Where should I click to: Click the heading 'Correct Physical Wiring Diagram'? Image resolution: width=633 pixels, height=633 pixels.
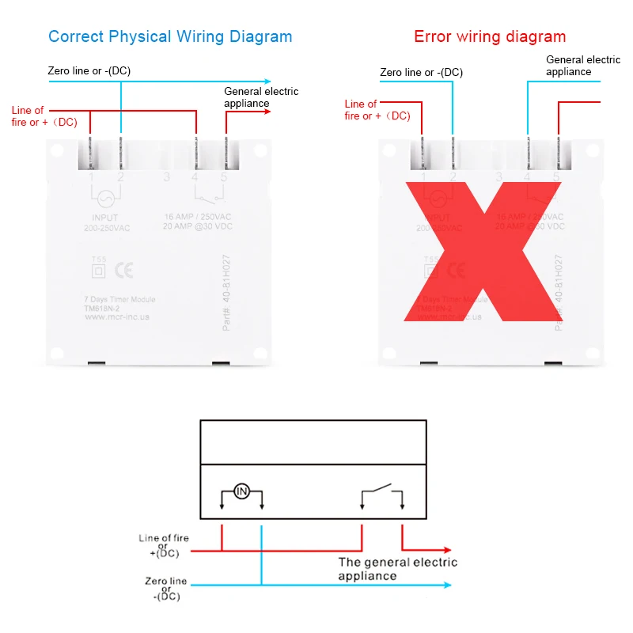coord(170,36)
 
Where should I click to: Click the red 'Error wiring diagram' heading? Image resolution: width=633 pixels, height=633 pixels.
coord(490,36)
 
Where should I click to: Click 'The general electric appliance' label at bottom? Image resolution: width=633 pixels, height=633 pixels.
coord(397,569)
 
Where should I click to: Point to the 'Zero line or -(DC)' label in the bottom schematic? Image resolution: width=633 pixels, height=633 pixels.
coord(166,589)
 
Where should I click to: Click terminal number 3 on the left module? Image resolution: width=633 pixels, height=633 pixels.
coord(166,177)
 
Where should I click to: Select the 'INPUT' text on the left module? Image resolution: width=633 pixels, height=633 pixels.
coord(104,218)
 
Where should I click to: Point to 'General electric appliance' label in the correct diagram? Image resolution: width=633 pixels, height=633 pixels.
coord(261,97)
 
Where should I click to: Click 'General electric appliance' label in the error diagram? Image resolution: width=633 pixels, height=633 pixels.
coord(583,66)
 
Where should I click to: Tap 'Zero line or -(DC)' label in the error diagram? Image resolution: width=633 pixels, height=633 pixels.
coord(421,72)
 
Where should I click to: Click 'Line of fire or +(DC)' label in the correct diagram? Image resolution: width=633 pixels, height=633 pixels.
coord(45,116)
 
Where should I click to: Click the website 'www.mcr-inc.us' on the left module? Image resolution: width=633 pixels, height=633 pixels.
coord(116,316)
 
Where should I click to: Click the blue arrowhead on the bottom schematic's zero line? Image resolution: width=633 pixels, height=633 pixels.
coord(447,586)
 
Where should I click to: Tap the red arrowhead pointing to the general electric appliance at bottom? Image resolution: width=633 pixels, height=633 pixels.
coord(447,550)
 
